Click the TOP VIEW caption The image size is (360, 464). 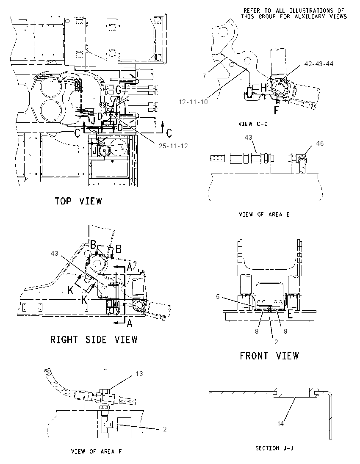click(78, 201)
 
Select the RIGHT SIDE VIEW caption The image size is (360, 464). click(94, 340)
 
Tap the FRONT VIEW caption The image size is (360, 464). click(269, 356)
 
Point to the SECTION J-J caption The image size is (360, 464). click(274, 448)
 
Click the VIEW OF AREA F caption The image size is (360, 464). click(97, 452)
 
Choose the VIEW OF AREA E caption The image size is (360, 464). click(264, 215)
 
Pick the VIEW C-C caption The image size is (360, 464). click(253, 124)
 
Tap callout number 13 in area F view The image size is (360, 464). click(139, 374)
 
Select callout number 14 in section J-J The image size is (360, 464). click(280, 424)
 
